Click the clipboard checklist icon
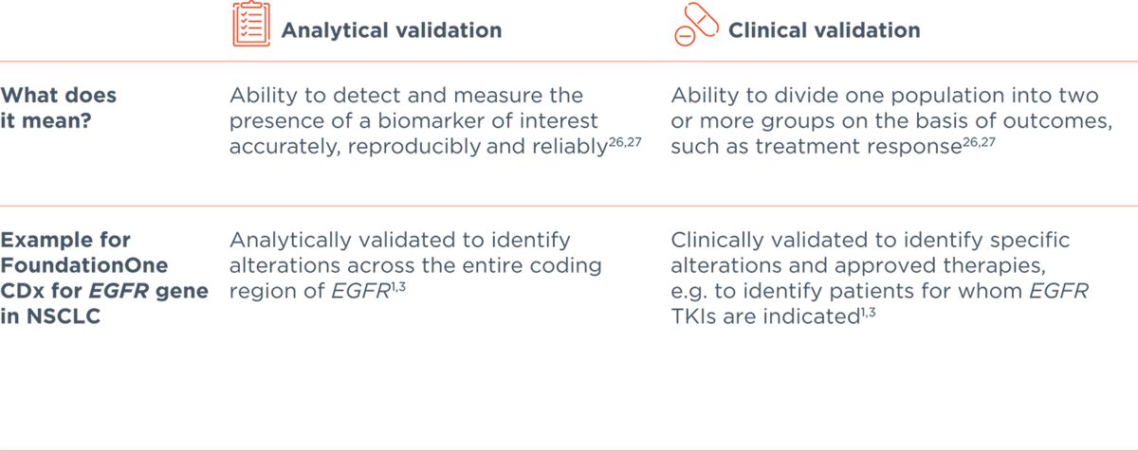[x=246, y=28]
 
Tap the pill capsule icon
[x=690, y=28]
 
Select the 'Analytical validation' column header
[x=391, y=30]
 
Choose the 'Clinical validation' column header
[x=824, y=30]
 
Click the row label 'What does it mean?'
[x=58, y=108]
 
